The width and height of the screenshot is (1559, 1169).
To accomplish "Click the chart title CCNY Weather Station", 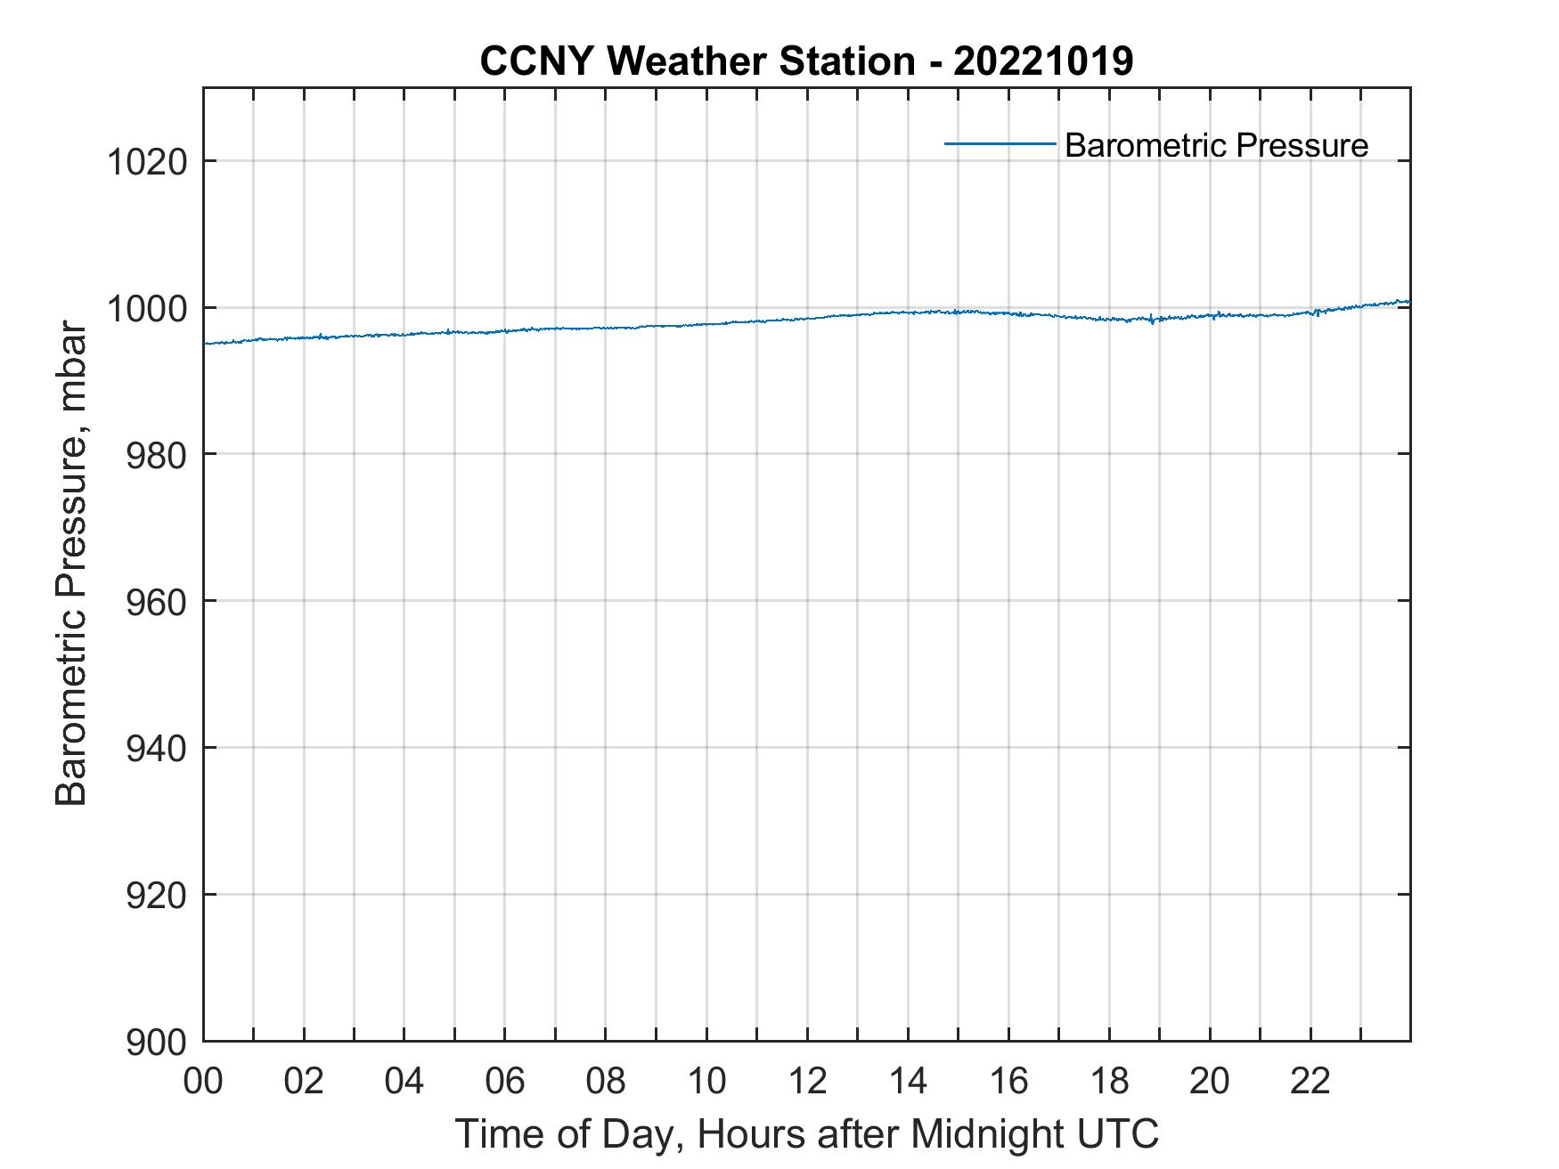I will coord(697,61).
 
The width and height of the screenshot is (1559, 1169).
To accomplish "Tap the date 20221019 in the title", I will coord(1043,61).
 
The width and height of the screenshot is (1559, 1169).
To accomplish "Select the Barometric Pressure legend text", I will coord(1216,145).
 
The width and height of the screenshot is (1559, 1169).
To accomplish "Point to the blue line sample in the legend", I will coord(1000,143).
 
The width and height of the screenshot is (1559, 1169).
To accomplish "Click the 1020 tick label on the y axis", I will coord(146,162).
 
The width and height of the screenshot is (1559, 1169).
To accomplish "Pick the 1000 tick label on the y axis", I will coord(146,309).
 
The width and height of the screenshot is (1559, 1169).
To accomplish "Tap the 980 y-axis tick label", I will coord(155,455).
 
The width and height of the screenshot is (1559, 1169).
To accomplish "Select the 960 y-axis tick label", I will coord(155,602).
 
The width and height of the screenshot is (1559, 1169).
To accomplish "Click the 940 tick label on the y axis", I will coord(155,749).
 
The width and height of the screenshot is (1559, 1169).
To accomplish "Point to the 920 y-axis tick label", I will coord(155,895).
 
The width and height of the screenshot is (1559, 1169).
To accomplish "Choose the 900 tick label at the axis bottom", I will coord(155,1042).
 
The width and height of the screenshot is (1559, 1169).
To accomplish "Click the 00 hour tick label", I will coord(203,1082).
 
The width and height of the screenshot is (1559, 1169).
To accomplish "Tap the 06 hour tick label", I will coord(505,1082).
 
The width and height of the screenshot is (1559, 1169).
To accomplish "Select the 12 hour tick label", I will coord(807,1082).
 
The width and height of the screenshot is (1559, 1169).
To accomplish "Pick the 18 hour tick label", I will coord(1109,1082).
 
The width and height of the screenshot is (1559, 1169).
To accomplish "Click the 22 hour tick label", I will coord(1310,1082).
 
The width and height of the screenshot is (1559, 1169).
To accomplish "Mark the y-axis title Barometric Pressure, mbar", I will coord(71,564).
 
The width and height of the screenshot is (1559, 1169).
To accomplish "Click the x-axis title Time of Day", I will coord(806,1134).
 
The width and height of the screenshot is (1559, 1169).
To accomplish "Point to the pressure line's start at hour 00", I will coord(205,344).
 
